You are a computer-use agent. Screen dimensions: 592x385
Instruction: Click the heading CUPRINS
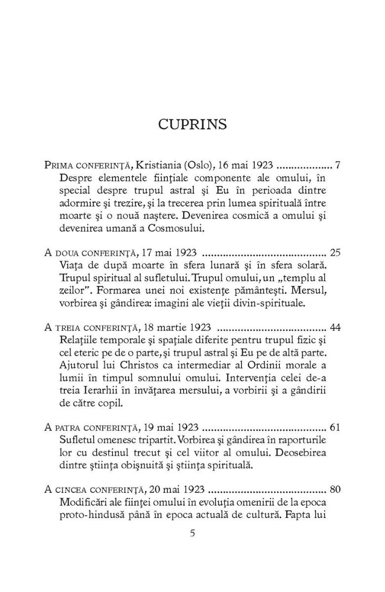192,124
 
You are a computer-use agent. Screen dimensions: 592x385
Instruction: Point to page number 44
335,328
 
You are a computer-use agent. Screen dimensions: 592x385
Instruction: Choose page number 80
335,490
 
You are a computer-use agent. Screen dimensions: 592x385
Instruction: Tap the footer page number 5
192,532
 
